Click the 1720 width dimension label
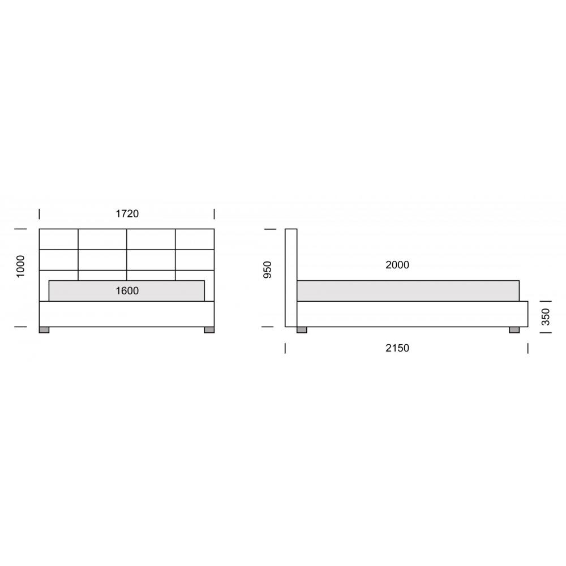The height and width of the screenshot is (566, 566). coord(127,214)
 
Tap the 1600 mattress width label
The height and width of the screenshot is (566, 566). coord(127,290)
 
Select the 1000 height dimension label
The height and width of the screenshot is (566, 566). coord(20,267)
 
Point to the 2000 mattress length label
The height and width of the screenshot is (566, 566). coord(397,264)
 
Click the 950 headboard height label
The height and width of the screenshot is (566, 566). coord(268,269)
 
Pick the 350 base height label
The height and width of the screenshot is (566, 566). coord(546,317)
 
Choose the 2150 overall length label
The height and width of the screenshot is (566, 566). coord(397,348)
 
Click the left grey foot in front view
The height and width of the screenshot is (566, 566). coord(44,330)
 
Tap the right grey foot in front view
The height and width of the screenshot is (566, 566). coord(209,330)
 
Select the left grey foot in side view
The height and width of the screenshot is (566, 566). coord(302,330)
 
